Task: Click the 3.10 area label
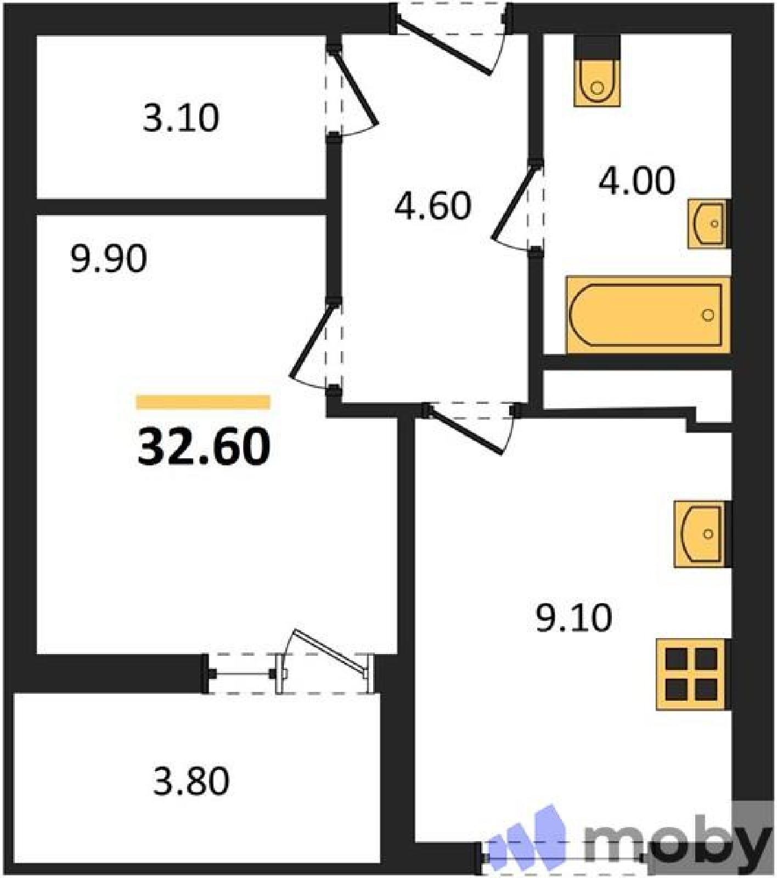[181, 118]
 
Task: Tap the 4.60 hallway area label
[433, 206]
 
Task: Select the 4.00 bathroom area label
[637, 181]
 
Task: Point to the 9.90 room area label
[109, 259]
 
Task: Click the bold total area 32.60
[204, 447]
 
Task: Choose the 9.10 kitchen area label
[573, 618]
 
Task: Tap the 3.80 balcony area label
[191, 781]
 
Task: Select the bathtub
[648, 314]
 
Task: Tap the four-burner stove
[693, 674]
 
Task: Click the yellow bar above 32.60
[203, 402]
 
